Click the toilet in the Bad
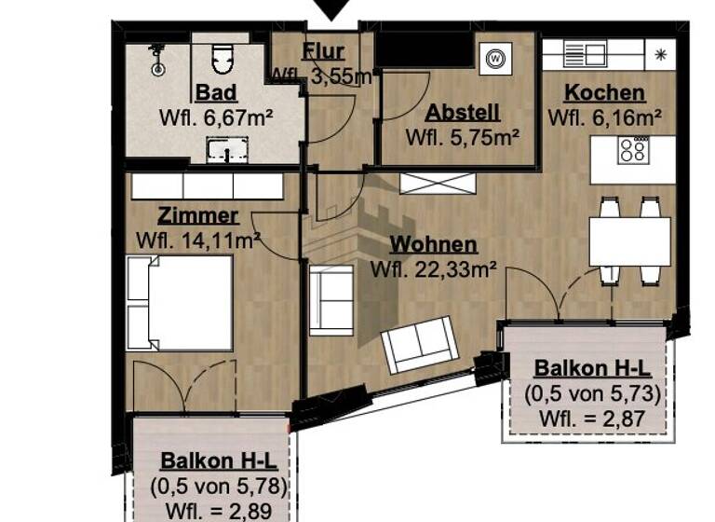[222, 60]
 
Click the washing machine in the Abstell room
[494, 59]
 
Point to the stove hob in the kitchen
[635, 150]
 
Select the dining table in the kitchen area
[630, 240]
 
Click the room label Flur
[323, 52]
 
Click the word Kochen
[604, 93]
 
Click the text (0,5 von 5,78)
[218, 486]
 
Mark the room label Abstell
[463, 113]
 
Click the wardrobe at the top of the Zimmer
[207, 185]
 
